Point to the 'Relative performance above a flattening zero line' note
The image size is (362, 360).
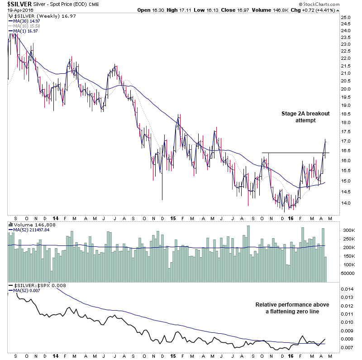click(x=293, y=308)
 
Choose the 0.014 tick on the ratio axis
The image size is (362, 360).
click(x=348, y=289)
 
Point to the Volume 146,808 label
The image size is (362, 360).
click(x=31, y=224)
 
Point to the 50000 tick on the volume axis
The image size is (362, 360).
click(x=347, y=274)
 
